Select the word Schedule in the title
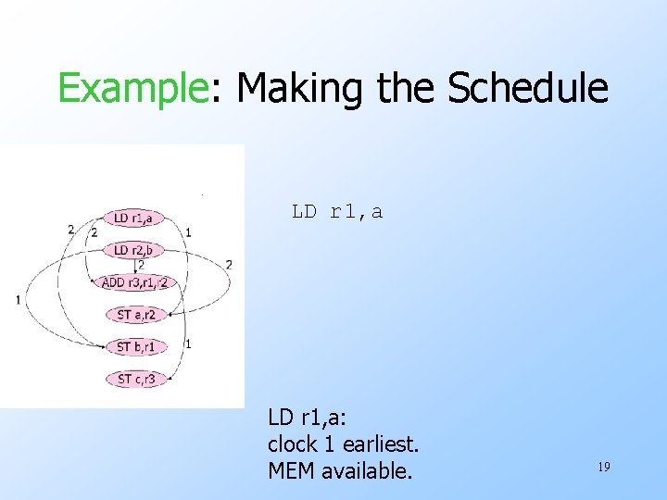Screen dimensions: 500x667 (x=527, y=89)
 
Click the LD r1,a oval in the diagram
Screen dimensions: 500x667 (x=133, y=219)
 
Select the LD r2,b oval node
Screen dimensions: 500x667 (x=133, y=250)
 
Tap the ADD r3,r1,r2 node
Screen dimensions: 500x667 (x=133, y=282)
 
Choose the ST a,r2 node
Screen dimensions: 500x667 (x=135, y=315)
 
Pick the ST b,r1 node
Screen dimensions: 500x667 (x=135, y=347)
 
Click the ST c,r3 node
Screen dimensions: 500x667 (x=135, y=379)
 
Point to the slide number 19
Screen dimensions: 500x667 (x=603, y=468)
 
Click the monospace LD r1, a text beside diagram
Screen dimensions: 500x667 (x=337, y=212)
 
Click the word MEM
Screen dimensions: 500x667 (x=290, y=471)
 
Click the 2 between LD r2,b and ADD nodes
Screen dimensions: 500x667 (x=141, y=266)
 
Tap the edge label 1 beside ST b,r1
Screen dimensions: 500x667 (x=188, y=344)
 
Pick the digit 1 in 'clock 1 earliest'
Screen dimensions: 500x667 (x=333, y=444)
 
